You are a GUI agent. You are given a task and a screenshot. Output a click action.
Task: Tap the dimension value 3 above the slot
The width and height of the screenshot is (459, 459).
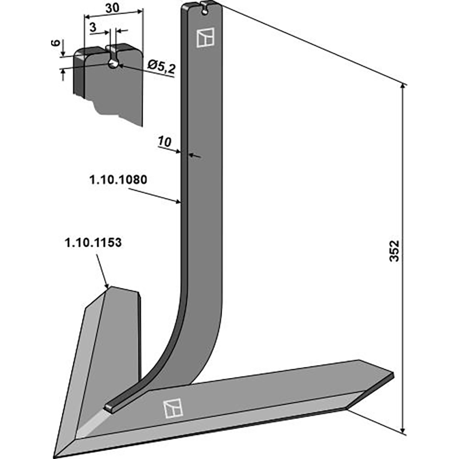tap(93, 26)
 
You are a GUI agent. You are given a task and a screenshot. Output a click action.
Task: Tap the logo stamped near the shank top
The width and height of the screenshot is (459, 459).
tap(204, 38)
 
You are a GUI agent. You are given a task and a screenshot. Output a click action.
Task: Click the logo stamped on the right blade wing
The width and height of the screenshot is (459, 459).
tap(172, 407)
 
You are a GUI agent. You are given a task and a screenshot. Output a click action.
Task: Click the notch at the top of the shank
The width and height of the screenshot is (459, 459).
tap(204, 6)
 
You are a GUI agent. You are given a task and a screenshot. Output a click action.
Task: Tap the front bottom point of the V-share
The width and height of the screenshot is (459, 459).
tap(72, 449)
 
